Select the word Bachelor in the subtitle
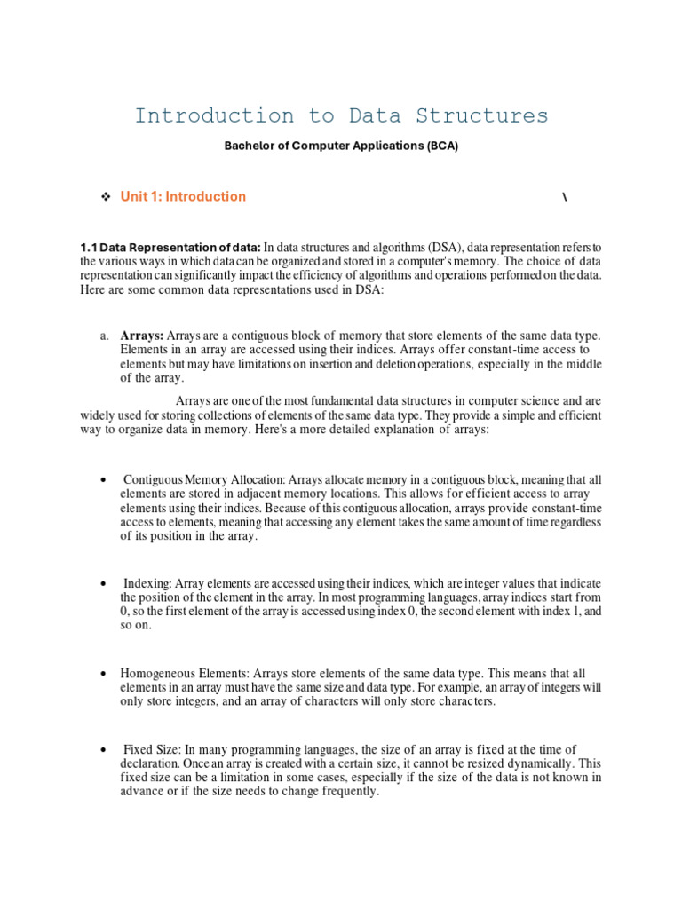[x=250, y=146]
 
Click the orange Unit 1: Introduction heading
[x=183, y=196]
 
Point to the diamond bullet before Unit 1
[x=105, y=196]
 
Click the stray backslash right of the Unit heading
[x=565, y=197]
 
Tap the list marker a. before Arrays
[x=104, y=336]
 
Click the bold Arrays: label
[x=142, y=336]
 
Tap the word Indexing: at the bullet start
[x=147, y=583]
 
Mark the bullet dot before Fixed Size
[x=104, y=750]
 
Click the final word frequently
[x=349, y=792]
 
